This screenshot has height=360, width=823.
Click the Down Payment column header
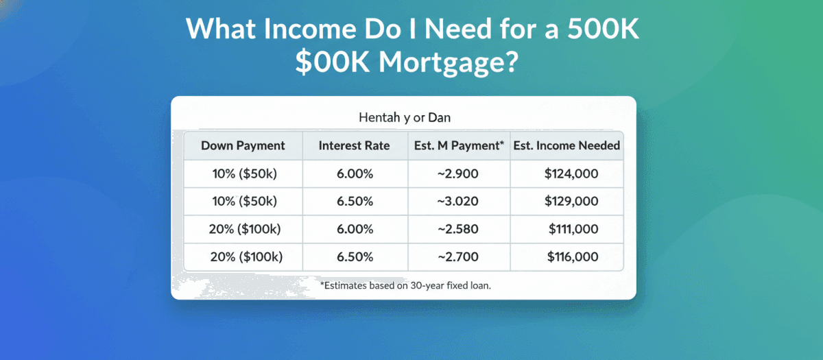coord(243,146)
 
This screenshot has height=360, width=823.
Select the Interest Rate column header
coord(354,145)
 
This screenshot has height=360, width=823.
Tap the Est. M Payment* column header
coord(459,146)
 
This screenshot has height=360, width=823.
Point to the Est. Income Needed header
coord(566,145)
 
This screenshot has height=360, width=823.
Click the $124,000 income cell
coord(571,173)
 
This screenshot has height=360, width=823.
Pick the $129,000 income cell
coord(571,201)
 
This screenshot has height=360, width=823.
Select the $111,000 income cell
coord(573,229)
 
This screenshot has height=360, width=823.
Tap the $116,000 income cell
coord(573,256)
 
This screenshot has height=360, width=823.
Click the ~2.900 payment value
coord(458,173)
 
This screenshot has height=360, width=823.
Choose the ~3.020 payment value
coord(458,201)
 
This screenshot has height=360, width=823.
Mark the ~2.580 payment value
coord(458,229)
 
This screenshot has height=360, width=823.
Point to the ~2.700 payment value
coord(458,256)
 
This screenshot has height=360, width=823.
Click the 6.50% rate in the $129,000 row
coord(355,201)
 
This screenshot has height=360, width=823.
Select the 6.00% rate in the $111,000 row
coord(355,229)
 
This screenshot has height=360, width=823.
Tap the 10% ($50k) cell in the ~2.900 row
coord(244,173)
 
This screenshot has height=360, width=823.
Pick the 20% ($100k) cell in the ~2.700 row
coord(246,256)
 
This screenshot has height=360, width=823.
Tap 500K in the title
coord(603,28)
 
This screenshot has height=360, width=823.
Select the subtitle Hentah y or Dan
coord(405,117)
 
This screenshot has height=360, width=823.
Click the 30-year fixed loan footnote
coord(405,285)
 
